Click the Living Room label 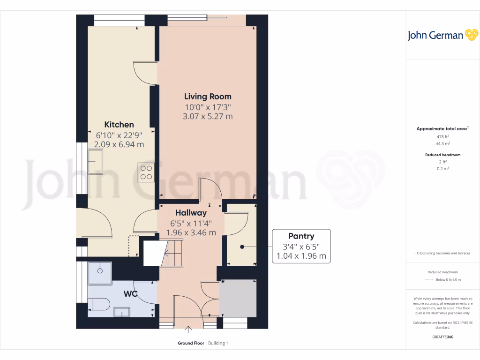[207, 97]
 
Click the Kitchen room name [119, 125]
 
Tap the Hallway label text [191, 213]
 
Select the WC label [130, 294]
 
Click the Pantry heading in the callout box [301, 236]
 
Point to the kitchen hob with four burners [146, 172]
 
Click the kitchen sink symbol [97, 161]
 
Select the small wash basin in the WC [122, 312]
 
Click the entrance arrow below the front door [188, 330]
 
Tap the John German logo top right [442, 35]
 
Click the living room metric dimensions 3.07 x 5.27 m [207, 116]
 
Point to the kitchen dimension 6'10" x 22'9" [119, 135]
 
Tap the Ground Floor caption [191, 343]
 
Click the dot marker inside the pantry [242, 247]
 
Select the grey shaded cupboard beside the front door [238, 299]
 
